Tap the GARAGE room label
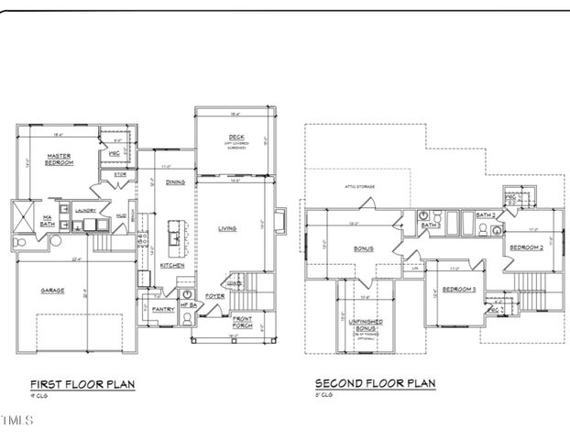51,290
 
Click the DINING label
174,182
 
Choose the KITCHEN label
172,265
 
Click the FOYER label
214,296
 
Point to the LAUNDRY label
85,210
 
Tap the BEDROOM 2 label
526,248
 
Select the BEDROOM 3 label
458,290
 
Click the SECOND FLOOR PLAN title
375,384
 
